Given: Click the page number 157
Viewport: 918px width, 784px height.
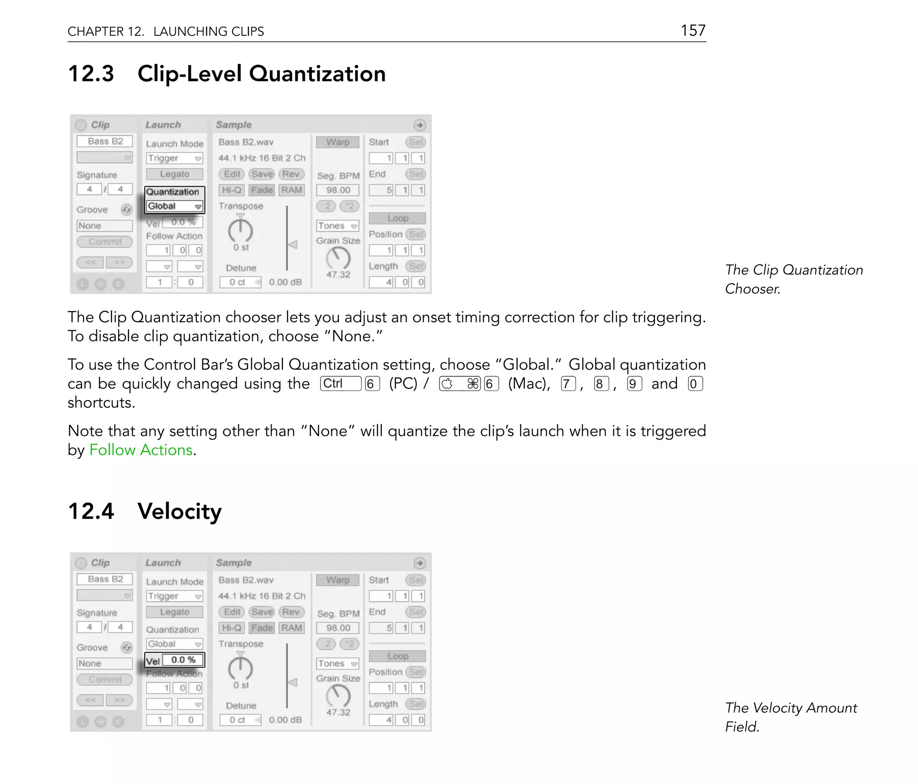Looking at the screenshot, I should click(x=693, y=30).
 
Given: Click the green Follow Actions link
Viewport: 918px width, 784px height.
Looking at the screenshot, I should click(x=141, y=450).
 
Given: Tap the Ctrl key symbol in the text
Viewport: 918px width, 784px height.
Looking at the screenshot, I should click(x=340, y=383).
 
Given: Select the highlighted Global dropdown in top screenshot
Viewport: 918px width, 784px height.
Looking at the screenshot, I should click(x=174, y=206).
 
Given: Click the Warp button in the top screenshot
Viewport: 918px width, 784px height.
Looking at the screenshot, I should click(x=338, y=142).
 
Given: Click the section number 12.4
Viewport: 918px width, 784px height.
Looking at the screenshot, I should click(x=91, y=511).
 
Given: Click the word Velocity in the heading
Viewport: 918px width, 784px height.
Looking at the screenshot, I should click(x=179, y=511).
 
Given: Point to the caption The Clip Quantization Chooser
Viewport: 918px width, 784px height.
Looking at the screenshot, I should click(x=793, y=279).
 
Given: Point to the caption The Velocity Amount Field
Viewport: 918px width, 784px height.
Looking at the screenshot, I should click(x=791, y=717).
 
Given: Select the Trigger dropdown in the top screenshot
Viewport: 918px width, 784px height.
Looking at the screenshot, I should click(x=174, y=158).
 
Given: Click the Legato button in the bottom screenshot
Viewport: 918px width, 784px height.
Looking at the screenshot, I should click(x=174, y=612).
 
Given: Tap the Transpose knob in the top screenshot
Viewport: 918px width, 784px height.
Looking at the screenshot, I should click(x=241, y=230).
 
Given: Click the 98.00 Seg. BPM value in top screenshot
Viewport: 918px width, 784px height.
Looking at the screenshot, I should click(x=338, y=190).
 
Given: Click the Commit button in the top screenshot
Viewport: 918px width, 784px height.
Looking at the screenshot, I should click(x=105, y=242).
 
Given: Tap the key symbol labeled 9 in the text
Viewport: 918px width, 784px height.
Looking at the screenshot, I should click(x=634, y=384).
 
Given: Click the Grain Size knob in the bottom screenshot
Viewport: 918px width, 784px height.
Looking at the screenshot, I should click(x=338, y=696).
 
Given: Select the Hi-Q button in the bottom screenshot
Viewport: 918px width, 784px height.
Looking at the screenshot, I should click(x=231, y=628).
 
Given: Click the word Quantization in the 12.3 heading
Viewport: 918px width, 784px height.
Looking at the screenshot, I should click(x=317, y=74).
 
